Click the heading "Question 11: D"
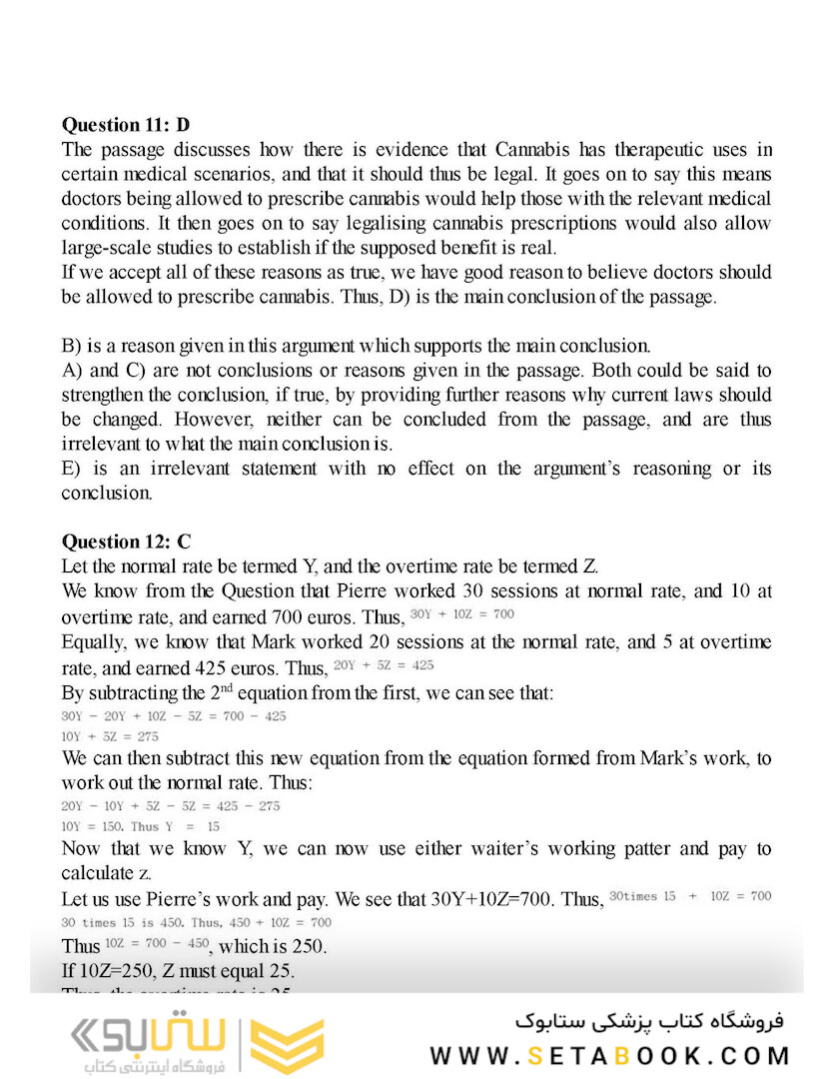pos(125,125)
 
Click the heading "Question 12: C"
pos(126,542)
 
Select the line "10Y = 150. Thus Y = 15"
pos(141,826)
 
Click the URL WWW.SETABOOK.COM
pos(610,1055)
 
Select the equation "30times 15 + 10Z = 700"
pos(690,896)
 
